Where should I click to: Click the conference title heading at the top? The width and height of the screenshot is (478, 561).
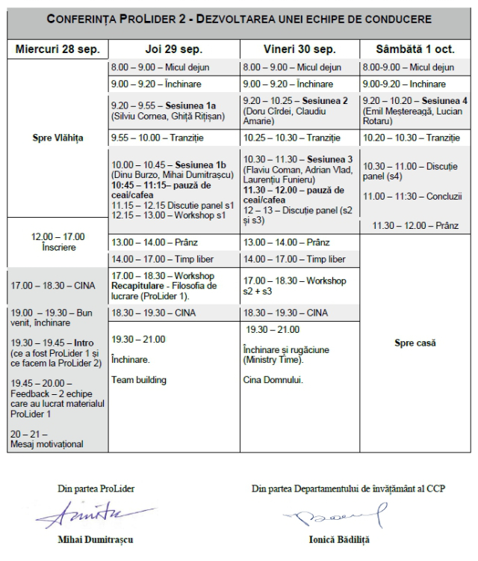tap(239, 19)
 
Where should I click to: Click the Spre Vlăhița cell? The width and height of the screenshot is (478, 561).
tap(58, 138)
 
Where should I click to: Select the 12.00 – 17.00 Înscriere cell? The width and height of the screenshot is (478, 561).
tap(58, 242)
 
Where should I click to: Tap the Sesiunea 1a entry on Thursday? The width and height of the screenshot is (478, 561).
tap(173, 106)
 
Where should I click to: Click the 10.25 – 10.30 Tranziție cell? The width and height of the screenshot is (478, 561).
tap(299, 138)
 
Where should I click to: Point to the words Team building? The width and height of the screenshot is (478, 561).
tap(139, 380)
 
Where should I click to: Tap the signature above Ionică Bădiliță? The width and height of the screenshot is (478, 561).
tap(338, 515)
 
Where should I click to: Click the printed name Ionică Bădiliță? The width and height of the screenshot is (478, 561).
tap(338, 539)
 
